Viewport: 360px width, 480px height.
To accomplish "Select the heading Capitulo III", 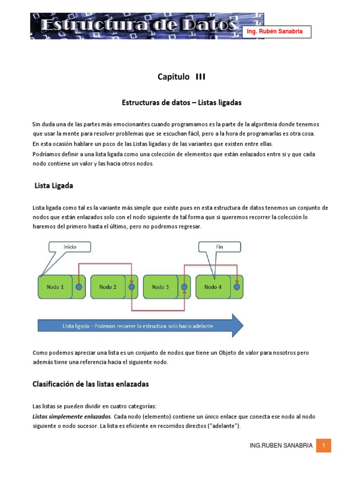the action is (181, 77).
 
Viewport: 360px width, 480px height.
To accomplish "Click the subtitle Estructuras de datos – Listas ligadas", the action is (181, 102).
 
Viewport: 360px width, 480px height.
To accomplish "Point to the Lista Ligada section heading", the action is (54, 186).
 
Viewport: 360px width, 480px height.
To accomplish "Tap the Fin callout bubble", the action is (219, 247).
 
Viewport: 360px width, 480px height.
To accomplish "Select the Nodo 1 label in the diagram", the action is (55, 287).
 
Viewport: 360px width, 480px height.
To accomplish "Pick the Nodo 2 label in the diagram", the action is (108, 287).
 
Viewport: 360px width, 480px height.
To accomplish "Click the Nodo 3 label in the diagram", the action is (160, 287).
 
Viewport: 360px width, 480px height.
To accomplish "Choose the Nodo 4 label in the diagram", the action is (213, 287).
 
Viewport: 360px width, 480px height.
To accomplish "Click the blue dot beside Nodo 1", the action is (79, 287).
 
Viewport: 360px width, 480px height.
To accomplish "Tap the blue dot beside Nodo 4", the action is (237, 287).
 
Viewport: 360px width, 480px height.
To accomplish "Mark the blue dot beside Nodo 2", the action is (131, 287).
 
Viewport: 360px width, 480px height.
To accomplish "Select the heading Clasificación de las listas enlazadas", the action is (90, 384).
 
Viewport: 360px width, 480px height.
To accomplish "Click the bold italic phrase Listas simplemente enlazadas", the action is (71, 416).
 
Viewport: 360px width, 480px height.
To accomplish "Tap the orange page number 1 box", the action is (323, 445).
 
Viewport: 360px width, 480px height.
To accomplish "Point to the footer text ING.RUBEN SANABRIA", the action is (281, 446).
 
